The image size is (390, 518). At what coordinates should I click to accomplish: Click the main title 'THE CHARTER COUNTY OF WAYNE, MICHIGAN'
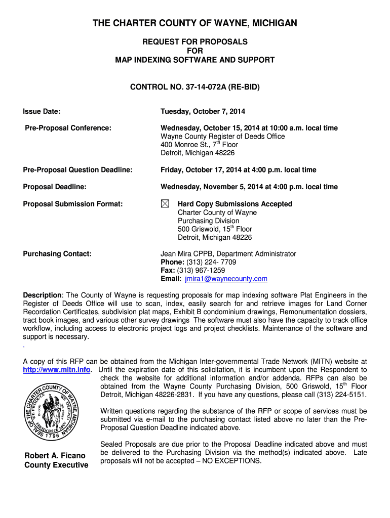click(x=195, y=23)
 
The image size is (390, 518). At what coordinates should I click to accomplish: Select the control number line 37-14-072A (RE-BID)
click(x=195, y=88)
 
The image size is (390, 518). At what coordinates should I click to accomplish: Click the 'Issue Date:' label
click(x=42, y=111)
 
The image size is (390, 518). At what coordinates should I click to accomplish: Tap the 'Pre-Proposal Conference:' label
click(x=68, y=128)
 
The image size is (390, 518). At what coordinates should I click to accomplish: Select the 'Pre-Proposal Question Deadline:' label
click(x=78, y=170)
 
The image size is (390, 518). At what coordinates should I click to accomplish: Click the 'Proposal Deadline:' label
click(x=55, y=187)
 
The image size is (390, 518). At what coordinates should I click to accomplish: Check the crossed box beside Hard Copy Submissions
click(x=165, y=204)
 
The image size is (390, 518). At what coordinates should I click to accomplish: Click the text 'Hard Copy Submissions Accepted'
click(x=235, y=204)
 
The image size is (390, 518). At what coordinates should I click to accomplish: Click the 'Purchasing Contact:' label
click(x=57, y=253)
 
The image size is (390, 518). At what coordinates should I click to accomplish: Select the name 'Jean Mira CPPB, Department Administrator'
click(x=228, y=253)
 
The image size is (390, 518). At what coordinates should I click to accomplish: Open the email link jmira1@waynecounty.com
click(x=225, y=279)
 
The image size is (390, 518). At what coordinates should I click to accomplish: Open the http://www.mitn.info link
click(x=57, y=370)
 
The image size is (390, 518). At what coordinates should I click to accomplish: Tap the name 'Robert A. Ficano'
click(x=55, y=456)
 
